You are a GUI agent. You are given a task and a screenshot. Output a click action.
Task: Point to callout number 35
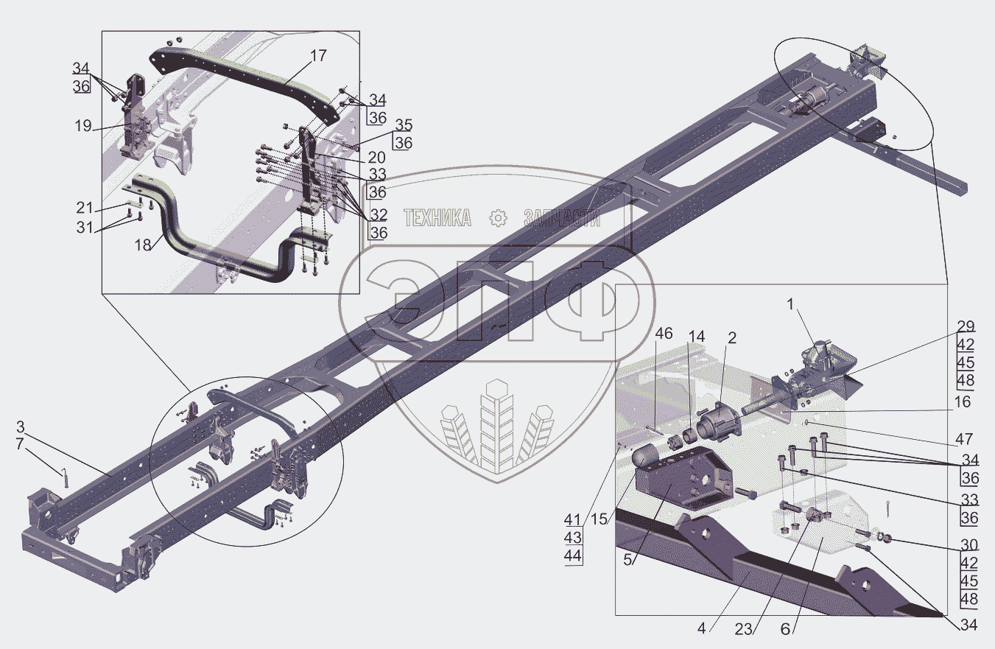click(402, 124)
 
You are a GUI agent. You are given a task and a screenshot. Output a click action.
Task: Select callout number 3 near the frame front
click(21, 427)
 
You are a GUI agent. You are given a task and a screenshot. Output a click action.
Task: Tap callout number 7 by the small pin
click(21, 445)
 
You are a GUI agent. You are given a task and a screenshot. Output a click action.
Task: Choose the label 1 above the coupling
click(791, 302)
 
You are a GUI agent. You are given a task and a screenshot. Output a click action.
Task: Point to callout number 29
click(966, 326)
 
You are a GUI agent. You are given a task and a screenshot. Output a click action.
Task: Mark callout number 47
click(964, 440)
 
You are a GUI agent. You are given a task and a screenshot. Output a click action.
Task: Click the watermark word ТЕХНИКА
click(437, 217)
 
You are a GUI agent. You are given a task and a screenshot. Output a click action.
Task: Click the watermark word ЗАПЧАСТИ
click(561, 217)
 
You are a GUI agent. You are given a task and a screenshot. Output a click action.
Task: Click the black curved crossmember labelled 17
click(243, 74)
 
